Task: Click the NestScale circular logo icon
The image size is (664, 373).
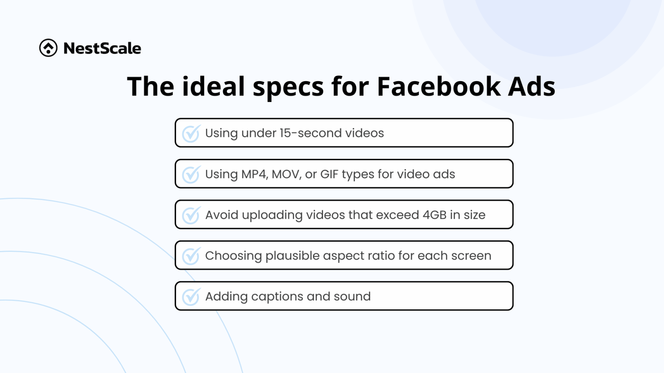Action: point(48,48)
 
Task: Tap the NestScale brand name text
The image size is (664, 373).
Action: point(102,48)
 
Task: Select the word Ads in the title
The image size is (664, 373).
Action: point(531,86)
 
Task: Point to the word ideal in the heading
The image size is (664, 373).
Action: point(214,86)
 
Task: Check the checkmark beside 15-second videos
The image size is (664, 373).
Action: point(191,133)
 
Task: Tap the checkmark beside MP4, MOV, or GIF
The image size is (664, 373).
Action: point(191,174)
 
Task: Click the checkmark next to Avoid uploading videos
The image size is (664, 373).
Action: point(191,215)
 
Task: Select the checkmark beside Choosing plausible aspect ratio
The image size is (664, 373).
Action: point(191,256)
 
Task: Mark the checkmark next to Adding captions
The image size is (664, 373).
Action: point(191,297)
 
